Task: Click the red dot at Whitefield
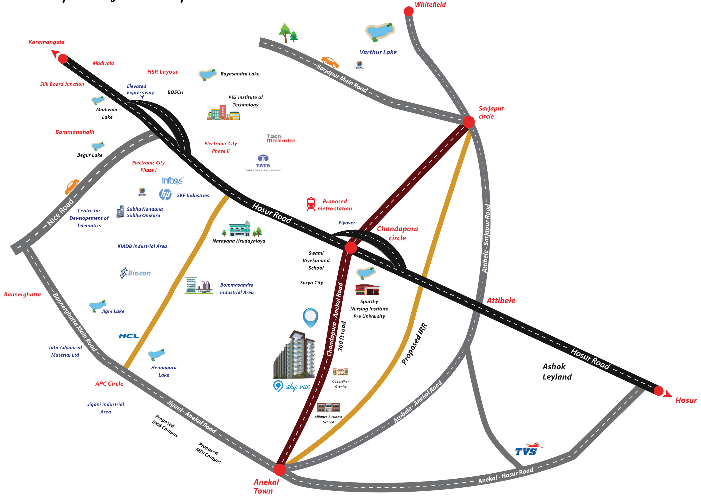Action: point(408,11)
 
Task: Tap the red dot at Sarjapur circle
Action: point(468,122)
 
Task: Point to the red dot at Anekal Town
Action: point(279,469)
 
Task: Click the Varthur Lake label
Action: point(378,52)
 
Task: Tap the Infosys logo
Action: point(172,181)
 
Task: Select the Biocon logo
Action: point(135,273)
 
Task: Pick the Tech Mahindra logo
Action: point(281,138)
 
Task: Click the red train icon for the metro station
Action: point(311,204)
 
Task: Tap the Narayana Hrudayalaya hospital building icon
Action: point(239,229)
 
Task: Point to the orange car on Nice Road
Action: point(72,186)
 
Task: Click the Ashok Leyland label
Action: point(557,371)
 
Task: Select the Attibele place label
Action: point(501,301)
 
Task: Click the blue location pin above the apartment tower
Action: point(310,317)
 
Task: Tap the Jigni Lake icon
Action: point(98,306)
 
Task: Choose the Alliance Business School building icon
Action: point(328,407)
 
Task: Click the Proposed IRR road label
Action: point(414,344)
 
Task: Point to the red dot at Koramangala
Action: point(63,59)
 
